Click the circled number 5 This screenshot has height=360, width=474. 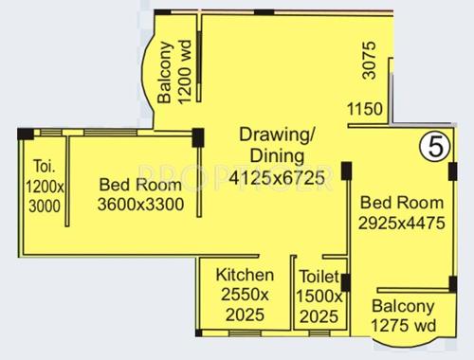coord(434,147)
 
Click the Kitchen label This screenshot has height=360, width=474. coord(245,275)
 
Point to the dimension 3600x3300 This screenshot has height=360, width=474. coord(140,204)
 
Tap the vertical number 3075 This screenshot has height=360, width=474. coord(370,61)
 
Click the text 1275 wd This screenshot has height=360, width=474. coord(403,325)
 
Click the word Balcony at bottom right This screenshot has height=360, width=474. coord(403,306)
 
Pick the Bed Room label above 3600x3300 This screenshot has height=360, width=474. coord(140,186)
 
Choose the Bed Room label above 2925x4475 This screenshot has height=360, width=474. coord(403,203)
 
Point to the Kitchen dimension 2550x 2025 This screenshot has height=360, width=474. coord(245,303)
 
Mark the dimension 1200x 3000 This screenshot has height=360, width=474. coord(43,194)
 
